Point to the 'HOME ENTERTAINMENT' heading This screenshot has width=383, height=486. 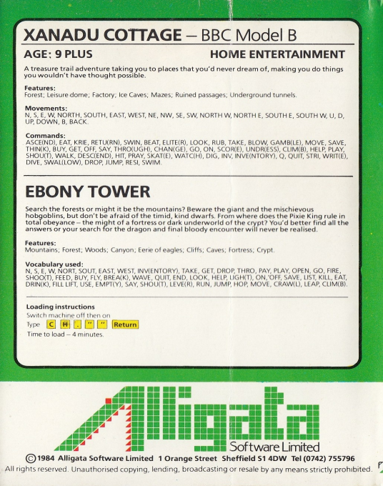coord(277,54)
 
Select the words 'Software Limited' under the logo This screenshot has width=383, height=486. coord(303,445)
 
